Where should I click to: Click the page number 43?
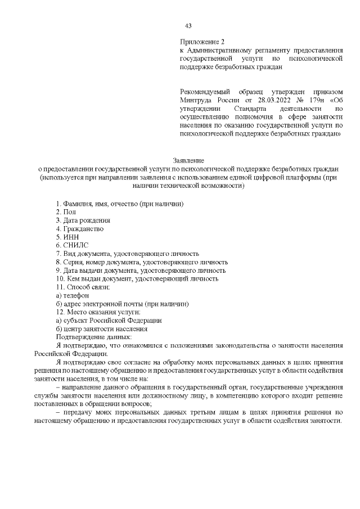pos(188,26)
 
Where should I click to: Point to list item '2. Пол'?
pos(66,211)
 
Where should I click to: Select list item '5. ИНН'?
pos(67,237)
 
